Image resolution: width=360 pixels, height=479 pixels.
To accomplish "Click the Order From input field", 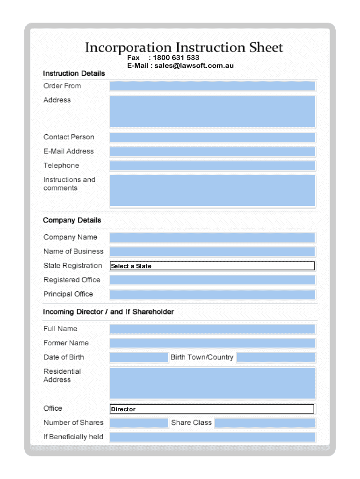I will pos(212,86).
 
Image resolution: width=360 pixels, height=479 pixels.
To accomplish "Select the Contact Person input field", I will pos(212,137).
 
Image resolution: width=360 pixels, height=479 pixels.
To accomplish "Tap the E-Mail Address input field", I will pos(212,152).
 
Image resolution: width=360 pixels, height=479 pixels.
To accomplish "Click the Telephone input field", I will pos(212,166).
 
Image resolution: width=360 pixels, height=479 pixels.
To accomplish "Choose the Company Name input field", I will pos(212,238).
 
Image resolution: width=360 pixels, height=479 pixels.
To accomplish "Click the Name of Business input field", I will pos(212,252).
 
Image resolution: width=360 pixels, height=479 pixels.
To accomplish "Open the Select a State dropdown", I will pos(212,266).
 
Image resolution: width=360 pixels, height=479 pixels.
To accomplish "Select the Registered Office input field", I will pos(212,280).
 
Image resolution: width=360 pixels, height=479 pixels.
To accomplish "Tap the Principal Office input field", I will pos(212,295).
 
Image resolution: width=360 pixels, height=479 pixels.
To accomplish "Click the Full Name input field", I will pos(212,329).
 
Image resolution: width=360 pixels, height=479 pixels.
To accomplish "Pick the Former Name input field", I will pos(212,343).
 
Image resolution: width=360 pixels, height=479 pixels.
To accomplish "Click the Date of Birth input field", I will pos(139,358).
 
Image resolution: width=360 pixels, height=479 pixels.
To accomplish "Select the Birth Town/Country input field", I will pos(276,358).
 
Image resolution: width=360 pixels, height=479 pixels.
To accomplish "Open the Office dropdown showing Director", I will pos(212,409).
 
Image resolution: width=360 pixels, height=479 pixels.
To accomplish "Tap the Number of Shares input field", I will pos(139,423).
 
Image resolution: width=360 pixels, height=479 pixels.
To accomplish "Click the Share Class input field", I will pos(265,423).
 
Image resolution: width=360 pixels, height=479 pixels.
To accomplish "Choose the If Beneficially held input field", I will pos(212,437).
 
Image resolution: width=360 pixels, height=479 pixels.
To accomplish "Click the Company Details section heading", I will pos(72,220).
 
